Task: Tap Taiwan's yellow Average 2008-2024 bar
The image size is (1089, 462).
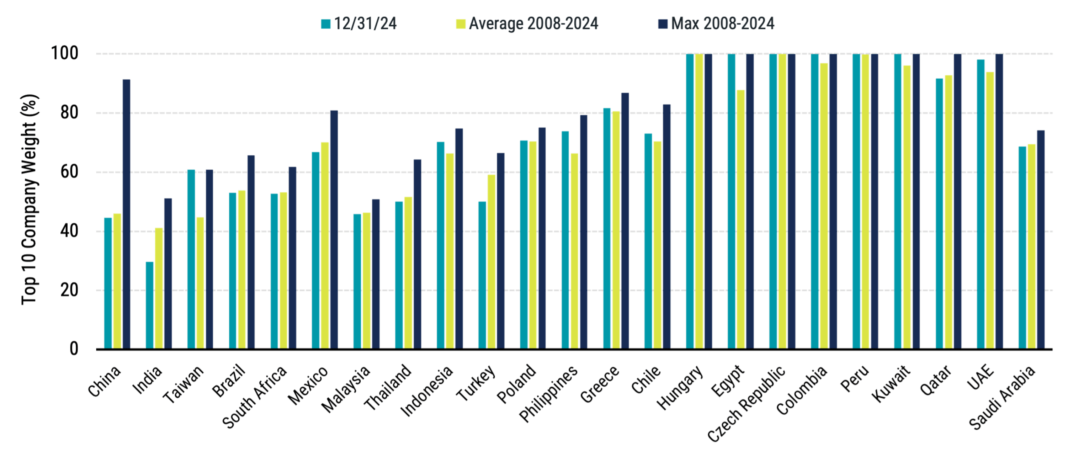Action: pos(200,283)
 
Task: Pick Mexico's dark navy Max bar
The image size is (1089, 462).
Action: pos(334,230)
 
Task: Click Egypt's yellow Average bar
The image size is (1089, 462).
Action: pos(741,220)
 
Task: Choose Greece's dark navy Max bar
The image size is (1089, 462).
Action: pos(625,221)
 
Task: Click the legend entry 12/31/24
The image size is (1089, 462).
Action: pos(360,24)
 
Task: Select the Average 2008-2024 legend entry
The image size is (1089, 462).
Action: pos(527,24)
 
